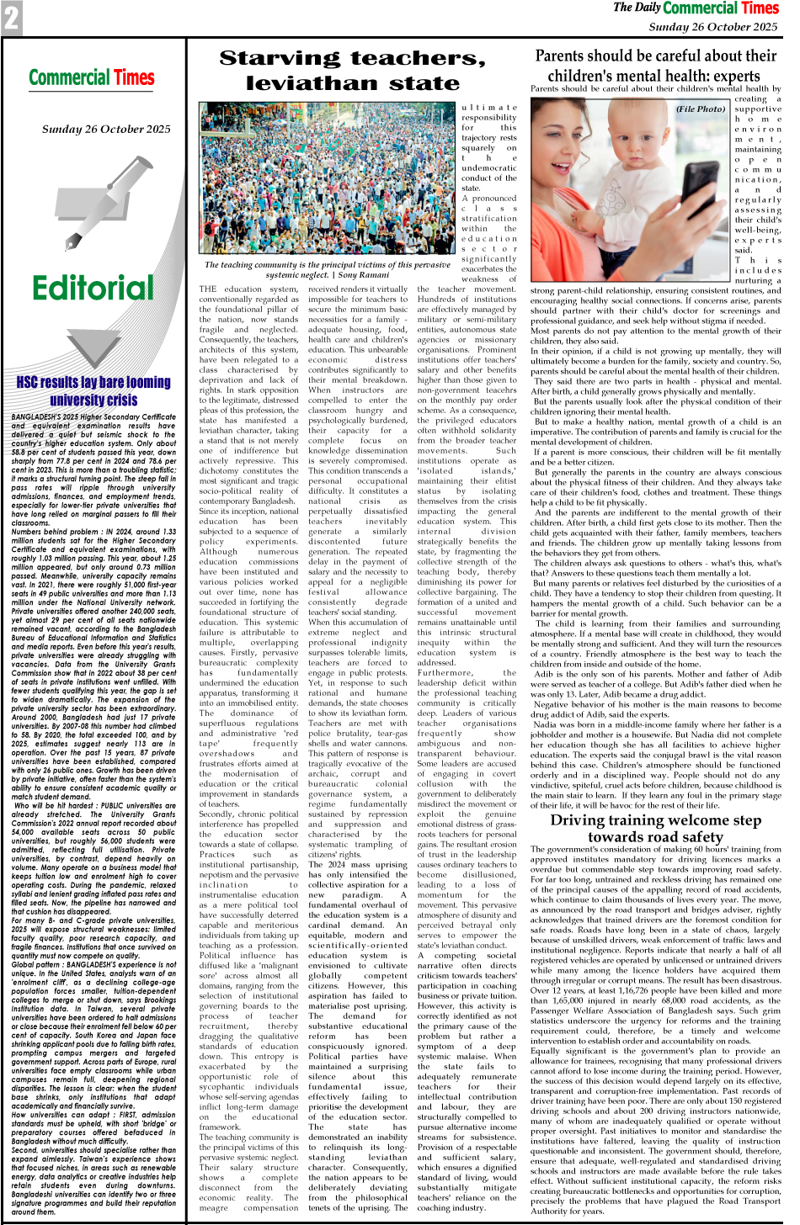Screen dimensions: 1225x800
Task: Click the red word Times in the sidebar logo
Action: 135,78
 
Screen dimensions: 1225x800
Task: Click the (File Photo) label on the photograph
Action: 700,109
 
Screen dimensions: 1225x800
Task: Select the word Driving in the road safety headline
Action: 586,820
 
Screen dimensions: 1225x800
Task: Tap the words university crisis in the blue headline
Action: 93,400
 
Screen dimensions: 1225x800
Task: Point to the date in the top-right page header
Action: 712,27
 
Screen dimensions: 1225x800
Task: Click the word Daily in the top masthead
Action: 647,8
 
